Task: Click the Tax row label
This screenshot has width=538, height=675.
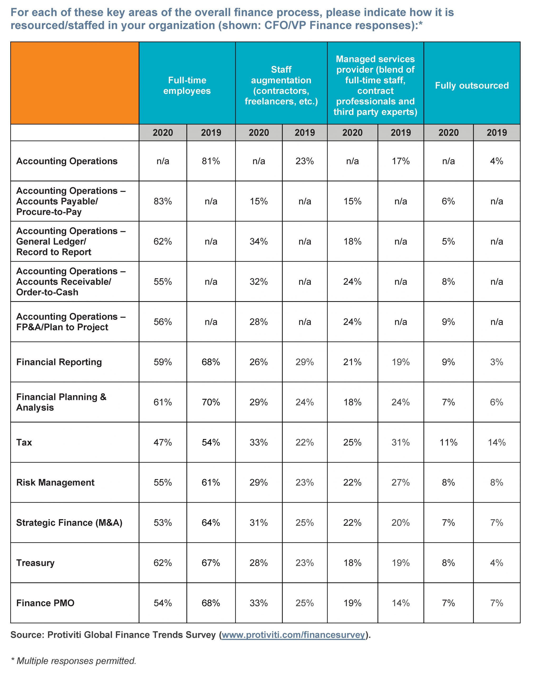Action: tap(24, 442)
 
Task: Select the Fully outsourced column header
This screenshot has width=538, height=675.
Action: tap(472, 85)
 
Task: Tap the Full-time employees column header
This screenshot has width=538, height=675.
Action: tap(187, 85)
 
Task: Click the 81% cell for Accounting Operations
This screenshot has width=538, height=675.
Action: tap(211, 161)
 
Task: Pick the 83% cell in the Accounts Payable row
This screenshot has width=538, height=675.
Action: tap(162, 201)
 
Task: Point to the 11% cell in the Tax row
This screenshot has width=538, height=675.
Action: tap(448, 442)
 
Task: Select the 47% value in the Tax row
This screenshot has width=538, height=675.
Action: tap(162, 442)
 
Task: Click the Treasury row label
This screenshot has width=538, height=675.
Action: tap(35, 563)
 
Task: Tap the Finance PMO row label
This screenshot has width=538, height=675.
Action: tap(45, 603)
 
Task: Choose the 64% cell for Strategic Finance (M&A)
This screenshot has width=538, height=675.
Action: tap(211, 523)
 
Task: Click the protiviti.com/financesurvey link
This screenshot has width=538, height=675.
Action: tap(293, 635)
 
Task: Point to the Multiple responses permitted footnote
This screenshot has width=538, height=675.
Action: tap(74, 661)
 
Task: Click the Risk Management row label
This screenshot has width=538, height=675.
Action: tap(55, 483)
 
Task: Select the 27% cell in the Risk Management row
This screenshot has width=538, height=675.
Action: tap(400, 483)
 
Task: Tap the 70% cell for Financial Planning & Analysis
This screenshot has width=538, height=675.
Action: tap(211, 402)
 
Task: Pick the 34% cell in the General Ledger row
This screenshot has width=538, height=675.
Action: tap(259, 241)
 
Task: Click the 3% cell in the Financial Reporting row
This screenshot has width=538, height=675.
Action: tap(496, 362)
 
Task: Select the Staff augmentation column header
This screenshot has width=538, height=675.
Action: tap(281, 85)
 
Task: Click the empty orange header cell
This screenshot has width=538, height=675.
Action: tap(75, 83)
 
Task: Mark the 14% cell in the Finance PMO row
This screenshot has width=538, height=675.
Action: tap(400, 603)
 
